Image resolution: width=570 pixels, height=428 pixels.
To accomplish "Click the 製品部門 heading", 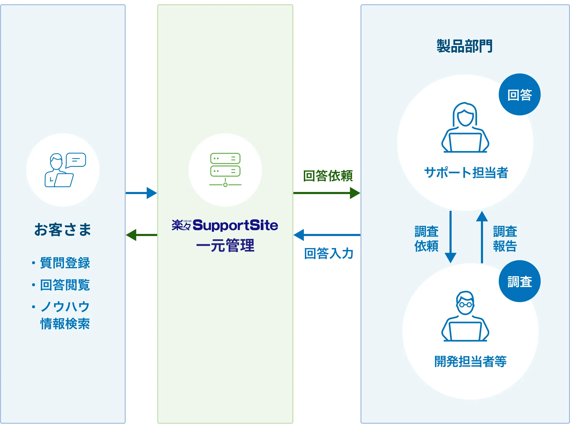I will click(464, 46).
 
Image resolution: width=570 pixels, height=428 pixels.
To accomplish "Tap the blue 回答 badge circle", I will click(519, 94).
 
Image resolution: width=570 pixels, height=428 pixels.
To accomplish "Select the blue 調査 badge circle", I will click(519, 281).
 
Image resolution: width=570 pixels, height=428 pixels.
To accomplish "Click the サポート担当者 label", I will click(466, 173).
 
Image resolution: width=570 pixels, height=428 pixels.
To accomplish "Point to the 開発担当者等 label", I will click(470, 361).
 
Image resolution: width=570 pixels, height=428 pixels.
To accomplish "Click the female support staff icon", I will click(465, 128).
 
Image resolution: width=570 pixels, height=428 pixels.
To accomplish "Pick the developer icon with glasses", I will click(465, 316).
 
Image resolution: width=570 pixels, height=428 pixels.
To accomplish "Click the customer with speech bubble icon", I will click(65, 170).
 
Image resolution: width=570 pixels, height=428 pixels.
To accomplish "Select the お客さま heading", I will click(63, 229).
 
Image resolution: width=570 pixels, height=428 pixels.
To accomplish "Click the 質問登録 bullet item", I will click(65, 263).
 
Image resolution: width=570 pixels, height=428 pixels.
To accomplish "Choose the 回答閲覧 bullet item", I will click(65, 285).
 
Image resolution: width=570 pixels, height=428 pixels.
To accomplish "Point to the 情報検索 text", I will click(65, 324).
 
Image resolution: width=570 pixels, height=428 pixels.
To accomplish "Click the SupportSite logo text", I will click(235, 225).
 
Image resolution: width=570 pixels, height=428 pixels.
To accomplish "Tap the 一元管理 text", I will click(225, 245).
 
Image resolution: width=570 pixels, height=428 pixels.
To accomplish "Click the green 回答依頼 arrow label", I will click(328, 176).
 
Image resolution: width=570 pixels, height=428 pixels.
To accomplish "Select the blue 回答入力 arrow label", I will click(328, 253).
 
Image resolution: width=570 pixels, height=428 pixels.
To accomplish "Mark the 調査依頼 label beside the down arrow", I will click(426, 239).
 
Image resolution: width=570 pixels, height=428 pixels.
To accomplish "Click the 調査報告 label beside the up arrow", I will click(505, 239).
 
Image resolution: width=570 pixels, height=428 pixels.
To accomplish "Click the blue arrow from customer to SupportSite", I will click(141, 193).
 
